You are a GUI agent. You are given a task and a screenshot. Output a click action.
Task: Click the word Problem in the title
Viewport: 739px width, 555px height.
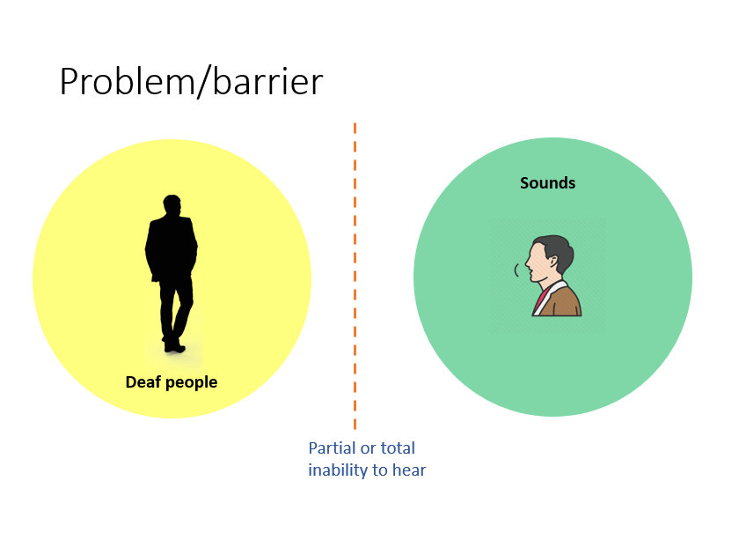pyautogui.click(x=127, y=82)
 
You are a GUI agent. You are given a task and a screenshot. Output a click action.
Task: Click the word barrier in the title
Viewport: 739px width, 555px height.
pyautogui.click(x=267, y=81)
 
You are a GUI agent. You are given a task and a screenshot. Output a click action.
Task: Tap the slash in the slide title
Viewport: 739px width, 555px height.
pyautogui.click(x=203, y=83)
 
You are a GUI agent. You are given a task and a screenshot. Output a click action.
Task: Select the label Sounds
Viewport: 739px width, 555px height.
pyautogui.click(x=547, y=182)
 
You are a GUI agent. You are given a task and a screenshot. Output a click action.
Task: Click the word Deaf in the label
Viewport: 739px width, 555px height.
pyautogui.click(x=143, y=381)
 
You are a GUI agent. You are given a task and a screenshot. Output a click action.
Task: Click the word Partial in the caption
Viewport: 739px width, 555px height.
pyautogui.click(x=333, y=448)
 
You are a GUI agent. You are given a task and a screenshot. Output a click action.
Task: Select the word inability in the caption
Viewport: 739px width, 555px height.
pyautogui.click(x=338, y=470)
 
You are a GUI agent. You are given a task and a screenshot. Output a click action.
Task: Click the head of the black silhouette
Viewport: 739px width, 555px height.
pyautogui.click(x=172, y=204)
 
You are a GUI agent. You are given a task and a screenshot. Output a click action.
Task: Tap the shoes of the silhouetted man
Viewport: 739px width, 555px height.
pyautogui.click(x=173, y=347)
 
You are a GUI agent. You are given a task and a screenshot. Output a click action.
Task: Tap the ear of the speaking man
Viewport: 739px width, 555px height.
pyautogui.click(x=552, y=262)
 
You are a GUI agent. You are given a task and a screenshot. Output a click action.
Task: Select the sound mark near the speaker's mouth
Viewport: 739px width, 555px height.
pyautogui.click(x=516, y=270)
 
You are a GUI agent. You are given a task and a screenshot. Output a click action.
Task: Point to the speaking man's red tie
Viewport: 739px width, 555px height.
pyautogui.click(x=542, y=299)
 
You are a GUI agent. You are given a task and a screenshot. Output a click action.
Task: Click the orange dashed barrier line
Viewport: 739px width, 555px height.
pyautogui.click(x=355, y=276)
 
